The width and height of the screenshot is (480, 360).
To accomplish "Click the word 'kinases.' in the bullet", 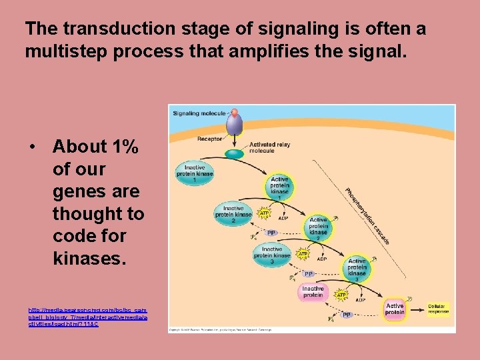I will click(89, 258).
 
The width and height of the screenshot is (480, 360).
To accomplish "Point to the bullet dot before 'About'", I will click(31, 147).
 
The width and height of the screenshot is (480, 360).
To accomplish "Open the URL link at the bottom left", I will click(87, 317).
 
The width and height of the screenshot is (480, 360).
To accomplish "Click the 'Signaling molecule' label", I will click(199, 113).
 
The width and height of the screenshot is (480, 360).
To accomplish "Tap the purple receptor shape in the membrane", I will click(234, 123).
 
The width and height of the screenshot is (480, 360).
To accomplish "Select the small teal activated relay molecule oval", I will click(235, 154).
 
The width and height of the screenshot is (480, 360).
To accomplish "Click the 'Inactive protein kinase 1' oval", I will click(195, 173).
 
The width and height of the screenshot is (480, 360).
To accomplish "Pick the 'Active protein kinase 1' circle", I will click(280, 187).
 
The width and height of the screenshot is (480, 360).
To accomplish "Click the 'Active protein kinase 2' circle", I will click(319, 227).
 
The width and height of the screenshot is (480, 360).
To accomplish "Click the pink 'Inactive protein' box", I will click(313, 292).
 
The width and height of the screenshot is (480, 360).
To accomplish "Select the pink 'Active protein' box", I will click(395, 308).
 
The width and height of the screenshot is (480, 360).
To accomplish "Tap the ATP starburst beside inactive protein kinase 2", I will click(264, 213).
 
